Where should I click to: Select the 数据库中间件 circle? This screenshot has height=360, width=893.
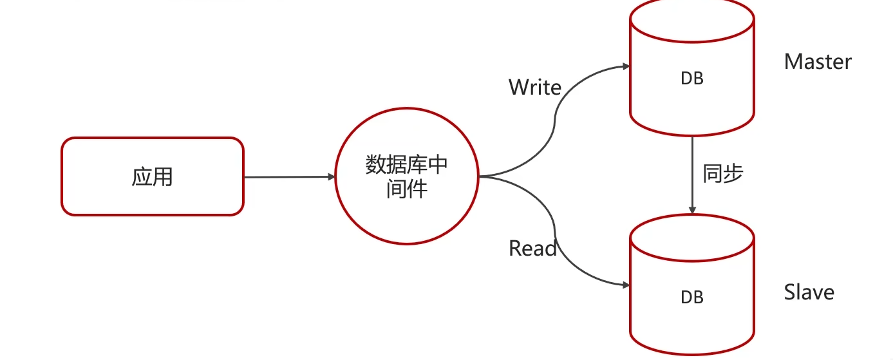(x=406, y=176)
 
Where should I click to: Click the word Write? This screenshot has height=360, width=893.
(x=534, y=88)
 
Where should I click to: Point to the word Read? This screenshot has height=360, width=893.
(x=532, y=249)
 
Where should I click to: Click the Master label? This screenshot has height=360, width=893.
(x=818, y=62)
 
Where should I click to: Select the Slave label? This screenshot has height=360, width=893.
(x=809, y=292)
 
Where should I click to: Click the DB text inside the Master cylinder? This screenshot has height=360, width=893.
(x=692, y=79)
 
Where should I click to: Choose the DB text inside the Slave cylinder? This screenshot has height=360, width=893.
(x=692, y=297)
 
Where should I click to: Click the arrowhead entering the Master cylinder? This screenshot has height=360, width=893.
(x=625, y=66)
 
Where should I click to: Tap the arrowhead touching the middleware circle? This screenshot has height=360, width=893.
(x=331, y=176)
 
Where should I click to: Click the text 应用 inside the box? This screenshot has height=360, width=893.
(x=153, y=176)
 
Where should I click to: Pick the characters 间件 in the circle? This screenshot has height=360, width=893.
(x=406, y=189)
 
